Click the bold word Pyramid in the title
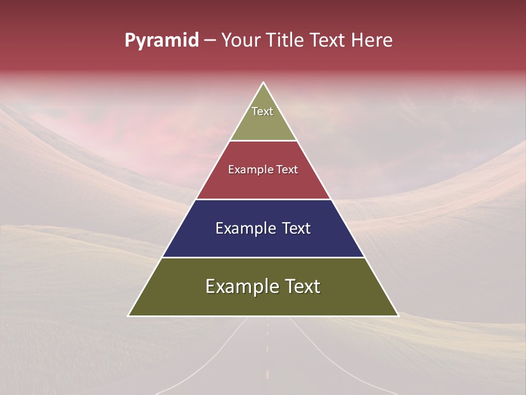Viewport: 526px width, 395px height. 161,41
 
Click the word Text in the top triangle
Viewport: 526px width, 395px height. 262,111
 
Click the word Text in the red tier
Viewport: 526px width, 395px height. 287,170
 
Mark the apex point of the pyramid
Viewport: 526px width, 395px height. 264,83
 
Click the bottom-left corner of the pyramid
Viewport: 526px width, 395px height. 129,315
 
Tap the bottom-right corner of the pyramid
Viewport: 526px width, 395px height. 398,315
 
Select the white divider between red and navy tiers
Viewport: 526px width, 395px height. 264,199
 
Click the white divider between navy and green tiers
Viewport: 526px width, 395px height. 264,257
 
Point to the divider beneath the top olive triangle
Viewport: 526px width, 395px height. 264,140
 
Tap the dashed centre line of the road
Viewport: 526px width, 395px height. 267,351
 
